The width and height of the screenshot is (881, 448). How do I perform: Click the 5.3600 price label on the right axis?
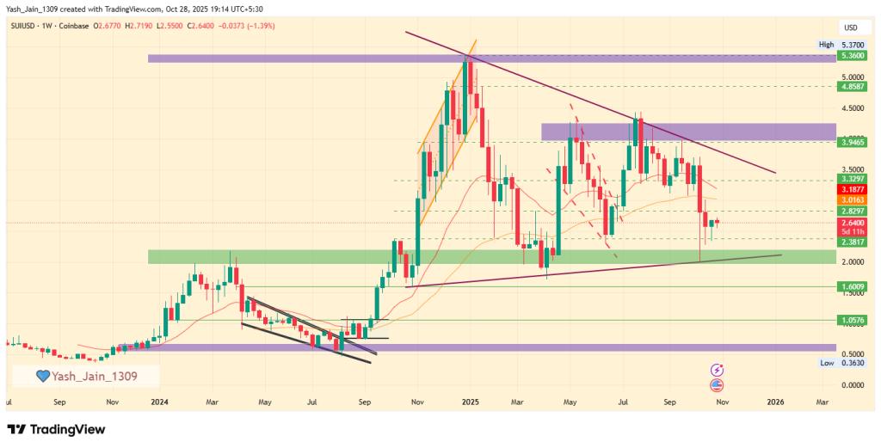(x=853, y=56)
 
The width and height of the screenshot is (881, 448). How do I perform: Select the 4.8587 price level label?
(x=853, y=87)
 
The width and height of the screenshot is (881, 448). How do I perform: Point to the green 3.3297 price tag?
(x=853, y=179)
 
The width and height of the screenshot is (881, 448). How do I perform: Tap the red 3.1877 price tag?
(x=853, y=189)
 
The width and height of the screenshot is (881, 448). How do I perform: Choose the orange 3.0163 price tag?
(x=853, y=199)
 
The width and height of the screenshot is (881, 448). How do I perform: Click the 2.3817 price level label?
(x=853, y=243)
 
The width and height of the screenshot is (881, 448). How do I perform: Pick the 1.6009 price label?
(x=853, y=286)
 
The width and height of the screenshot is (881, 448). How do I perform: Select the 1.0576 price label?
(x=853, y=320)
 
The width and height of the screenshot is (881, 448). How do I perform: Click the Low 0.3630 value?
(x=853, y=363)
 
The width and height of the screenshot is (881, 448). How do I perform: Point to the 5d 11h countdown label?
(x=853, y=232)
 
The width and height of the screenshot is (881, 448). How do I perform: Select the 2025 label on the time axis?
(x=470, y=402)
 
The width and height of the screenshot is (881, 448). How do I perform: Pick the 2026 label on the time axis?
(x=775, y=402)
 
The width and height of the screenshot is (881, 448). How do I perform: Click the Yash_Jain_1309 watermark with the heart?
(x=85, y=376)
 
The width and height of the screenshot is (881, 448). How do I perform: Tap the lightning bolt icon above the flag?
(x=717, y=370)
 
